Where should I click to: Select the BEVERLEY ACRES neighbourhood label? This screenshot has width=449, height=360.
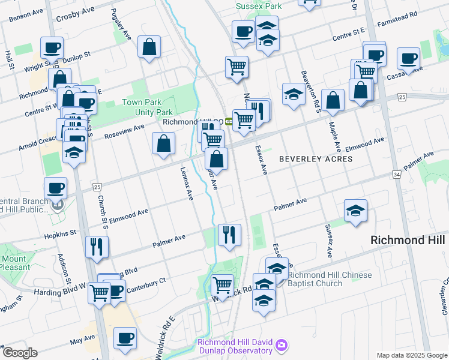[x=316, y=159]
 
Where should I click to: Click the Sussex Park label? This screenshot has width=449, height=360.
[x=258, y=6]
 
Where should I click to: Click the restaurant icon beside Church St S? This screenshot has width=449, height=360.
[x=96, y=246]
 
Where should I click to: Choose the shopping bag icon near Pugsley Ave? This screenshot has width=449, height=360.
[x=148, y=47]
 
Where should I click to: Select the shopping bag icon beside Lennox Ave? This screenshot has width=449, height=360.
[x=163, y=143]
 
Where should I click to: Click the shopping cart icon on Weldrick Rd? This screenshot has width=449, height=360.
[x=222, y=284]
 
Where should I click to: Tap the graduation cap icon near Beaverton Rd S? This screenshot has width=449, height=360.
[x=294, y=94]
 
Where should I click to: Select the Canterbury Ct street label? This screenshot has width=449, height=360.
[x=146, y=281]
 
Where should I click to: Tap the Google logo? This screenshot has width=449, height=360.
[x=20, y=353]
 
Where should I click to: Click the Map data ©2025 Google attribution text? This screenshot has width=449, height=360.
[x=411, y=355]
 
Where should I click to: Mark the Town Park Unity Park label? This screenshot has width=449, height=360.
[x=148, y=107]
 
